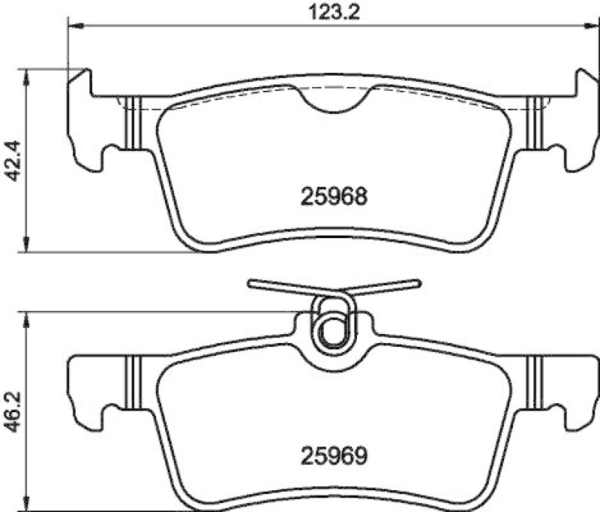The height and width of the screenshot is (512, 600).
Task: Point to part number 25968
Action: [334, 197]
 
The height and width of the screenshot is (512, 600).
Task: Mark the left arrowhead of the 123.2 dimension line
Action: [73, 26]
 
